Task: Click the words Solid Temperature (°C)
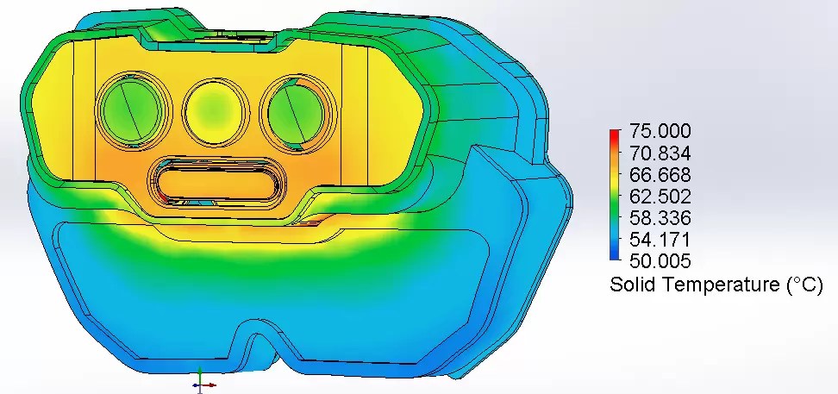pos(722,285)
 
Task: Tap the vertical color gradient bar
pos(614,196)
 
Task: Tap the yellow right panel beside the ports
pos(379,108)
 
